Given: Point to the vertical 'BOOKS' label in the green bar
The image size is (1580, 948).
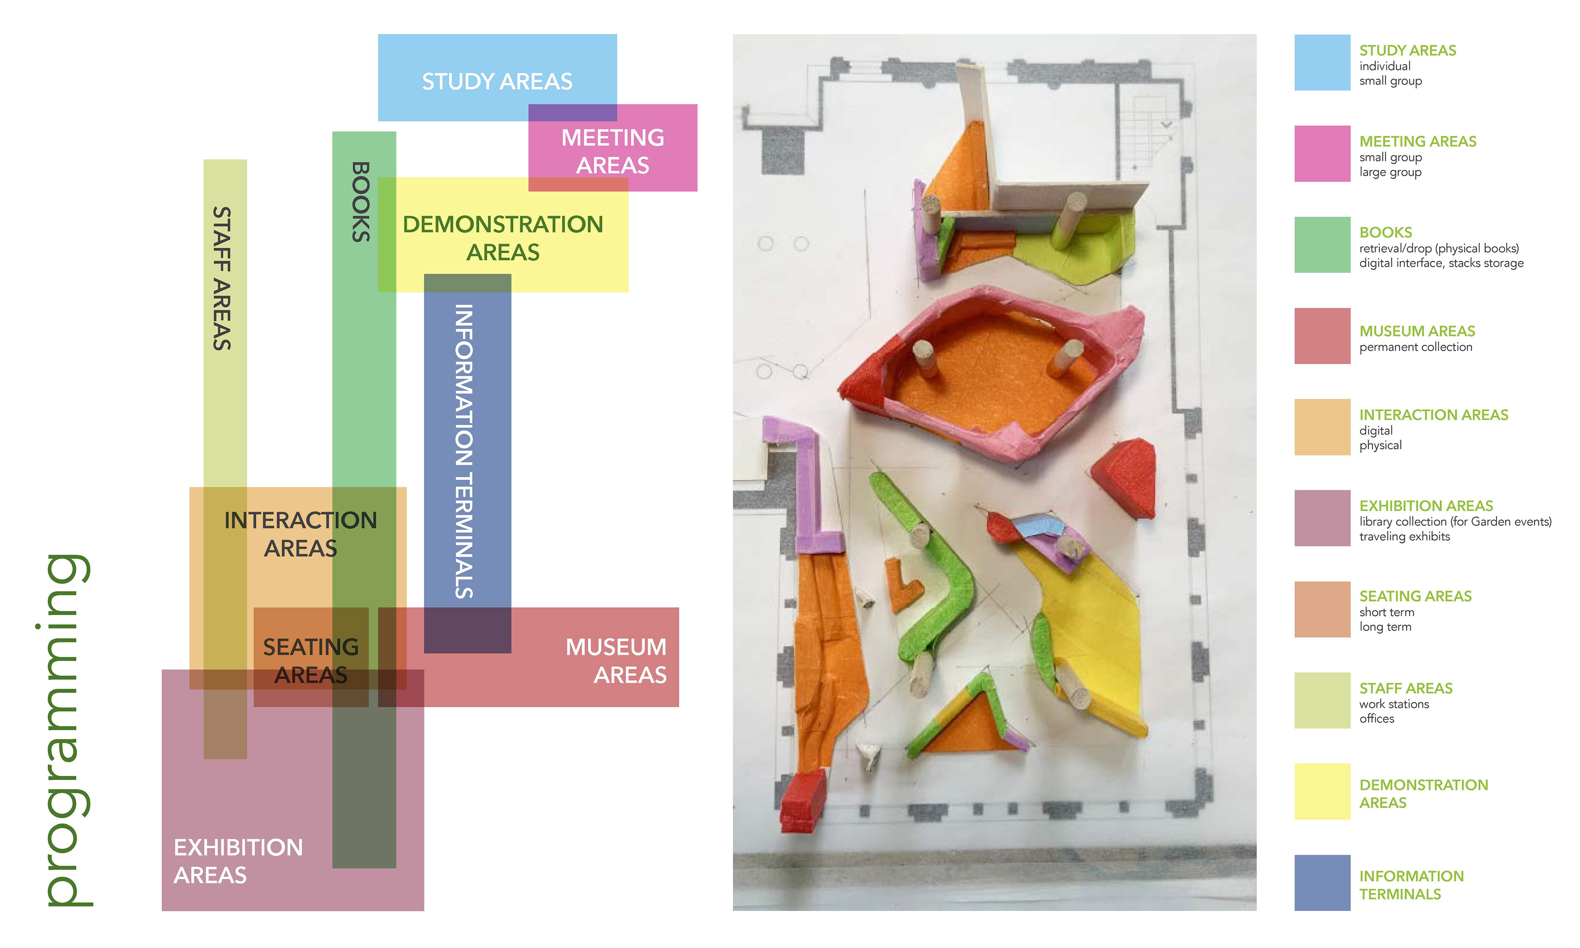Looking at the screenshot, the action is (361, 202).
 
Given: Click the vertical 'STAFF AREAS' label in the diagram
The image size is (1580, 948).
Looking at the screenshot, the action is (222, 279).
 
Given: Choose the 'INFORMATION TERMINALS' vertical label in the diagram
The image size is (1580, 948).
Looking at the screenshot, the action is (464, 451).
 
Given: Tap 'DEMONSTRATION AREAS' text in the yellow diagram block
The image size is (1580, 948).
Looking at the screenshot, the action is (503, 238).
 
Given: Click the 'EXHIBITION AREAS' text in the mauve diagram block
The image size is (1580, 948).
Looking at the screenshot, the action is (237, 860).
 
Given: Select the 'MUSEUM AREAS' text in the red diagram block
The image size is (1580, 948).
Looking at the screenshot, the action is (616, 660).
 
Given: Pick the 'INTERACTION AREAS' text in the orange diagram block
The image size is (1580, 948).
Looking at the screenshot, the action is (300, 534).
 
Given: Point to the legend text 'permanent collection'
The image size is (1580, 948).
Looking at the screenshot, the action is (1415, 347).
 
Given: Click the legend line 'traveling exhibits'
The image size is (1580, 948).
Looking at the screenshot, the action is (1404, 537).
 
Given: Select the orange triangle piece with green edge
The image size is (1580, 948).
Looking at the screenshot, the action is (967, 722).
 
